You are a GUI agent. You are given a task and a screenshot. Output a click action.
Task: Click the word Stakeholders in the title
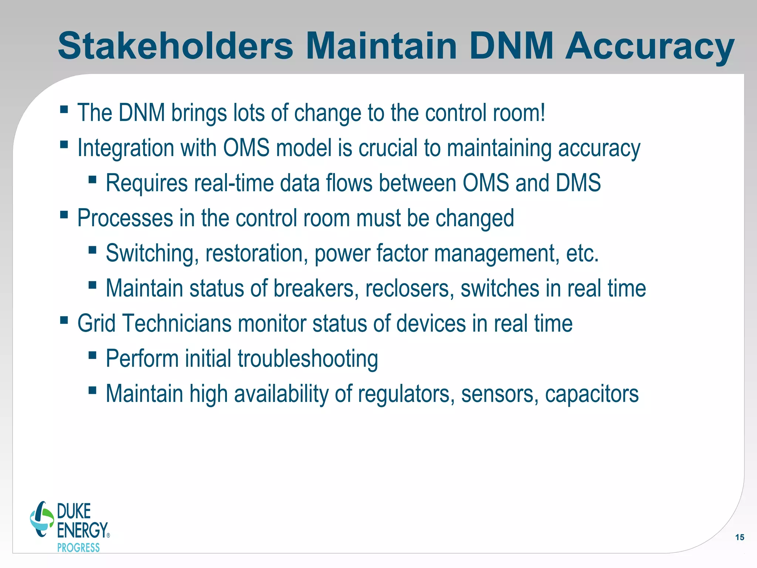click(x=175, y=46)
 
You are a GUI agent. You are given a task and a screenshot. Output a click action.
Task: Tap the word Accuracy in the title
click(x=649, y=46)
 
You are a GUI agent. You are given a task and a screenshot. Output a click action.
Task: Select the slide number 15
click(x=740, y=537)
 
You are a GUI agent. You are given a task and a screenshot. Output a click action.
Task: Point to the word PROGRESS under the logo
click(x=78, y=548)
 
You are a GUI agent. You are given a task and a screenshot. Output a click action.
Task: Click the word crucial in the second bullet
click(x=388, y=148)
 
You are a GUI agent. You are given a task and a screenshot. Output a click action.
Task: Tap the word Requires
click(x=146, y=183)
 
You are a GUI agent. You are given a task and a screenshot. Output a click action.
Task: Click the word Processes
click(x=125, y=218)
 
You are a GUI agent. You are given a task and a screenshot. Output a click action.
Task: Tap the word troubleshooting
click(x=308, y=359)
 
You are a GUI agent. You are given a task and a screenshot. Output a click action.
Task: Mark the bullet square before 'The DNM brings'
click(x=64, y=109)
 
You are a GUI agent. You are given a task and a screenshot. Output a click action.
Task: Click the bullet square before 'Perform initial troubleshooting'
click(x=92, y=355)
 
